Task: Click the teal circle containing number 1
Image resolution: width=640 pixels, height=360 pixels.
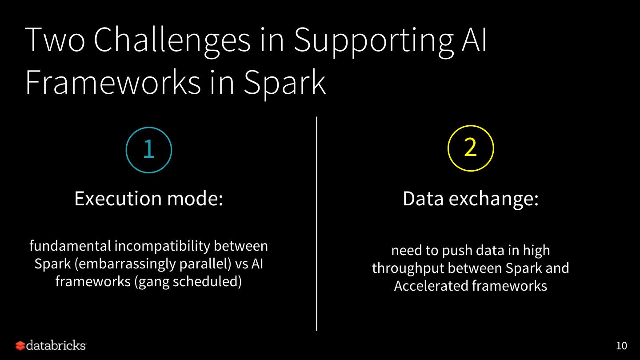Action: pyautogui.click(x=149, y=150)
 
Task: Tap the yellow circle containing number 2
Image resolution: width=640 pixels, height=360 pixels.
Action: pyautogui.click(x=471, y=148)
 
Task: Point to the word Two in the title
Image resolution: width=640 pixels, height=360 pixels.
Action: pyautogui.click(x=55, y=40)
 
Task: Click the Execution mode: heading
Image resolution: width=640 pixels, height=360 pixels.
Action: pyautogui.click(x=148, y=199)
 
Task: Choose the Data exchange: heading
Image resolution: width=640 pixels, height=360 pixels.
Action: pyautogui.click(x=470, y=199)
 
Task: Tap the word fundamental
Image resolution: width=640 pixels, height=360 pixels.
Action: pyautogui.click(x=70, y=246)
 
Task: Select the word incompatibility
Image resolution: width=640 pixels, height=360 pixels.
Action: pyautogui.click(x=163, y=246)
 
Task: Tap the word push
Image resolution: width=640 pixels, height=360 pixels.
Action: pyautogui.click(x=455, y=251)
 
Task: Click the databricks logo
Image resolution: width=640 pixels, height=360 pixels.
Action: pyautogui.click(x=51, y=345)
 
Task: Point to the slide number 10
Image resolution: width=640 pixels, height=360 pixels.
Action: pyautogui.click(x=621, y=346)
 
